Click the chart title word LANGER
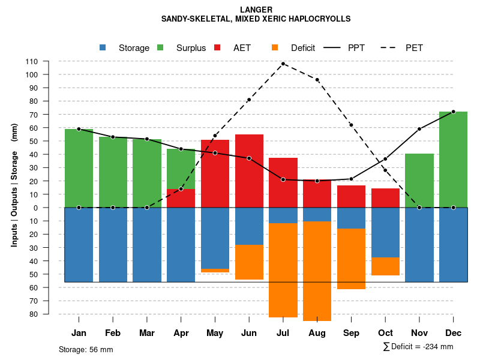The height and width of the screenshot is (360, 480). tap(256, 10)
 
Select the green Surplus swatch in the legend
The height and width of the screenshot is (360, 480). tap(160, 47)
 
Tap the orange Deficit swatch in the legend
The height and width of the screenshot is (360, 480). tap(275, 47)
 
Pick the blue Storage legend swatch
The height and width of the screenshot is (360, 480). tap(103, 47)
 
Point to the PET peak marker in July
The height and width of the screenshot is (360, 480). tap(283, 64)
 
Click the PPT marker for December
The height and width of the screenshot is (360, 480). tap(453, 112)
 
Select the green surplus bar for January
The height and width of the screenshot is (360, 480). tap(79, 168)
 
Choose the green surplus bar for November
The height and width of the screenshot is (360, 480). tap(419, 181)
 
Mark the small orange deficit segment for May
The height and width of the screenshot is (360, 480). tap(215, 271)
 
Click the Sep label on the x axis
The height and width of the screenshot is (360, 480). tap(351, 333)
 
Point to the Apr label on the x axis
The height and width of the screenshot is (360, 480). tap(181, 333)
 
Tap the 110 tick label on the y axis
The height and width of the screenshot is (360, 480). tap(32, 61)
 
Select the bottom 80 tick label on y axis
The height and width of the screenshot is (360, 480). tap(34, 314)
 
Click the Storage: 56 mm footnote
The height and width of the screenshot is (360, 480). tap(86, 349)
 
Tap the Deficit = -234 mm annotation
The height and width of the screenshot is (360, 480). tap(418, 347)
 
